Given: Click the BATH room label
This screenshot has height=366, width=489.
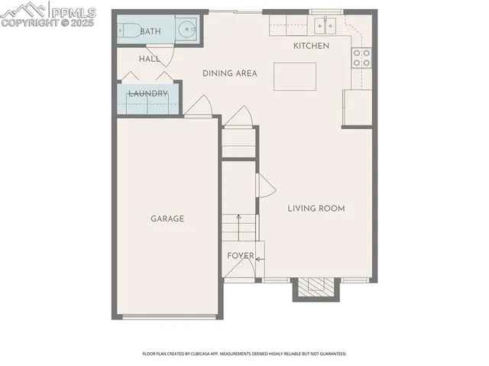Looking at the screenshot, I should [x=151, y=31].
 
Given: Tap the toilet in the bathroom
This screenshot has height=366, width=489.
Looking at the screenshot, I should [x=128, y=31].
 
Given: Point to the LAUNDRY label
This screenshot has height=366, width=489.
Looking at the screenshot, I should [x=147, y=94].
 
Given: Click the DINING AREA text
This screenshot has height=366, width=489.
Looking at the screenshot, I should [x=229, y=73].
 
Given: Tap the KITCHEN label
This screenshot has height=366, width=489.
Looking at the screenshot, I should [x=312, y=47].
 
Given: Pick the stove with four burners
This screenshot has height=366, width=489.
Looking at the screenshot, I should [x=361, y=57].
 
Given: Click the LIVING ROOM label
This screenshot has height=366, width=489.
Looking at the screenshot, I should [x=316, y=208].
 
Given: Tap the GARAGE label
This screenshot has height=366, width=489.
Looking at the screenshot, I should [x=167, y=219].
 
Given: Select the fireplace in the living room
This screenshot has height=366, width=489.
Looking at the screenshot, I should [x=316, y=288].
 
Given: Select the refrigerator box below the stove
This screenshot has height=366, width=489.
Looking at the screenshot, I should [x=358, y=107].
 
